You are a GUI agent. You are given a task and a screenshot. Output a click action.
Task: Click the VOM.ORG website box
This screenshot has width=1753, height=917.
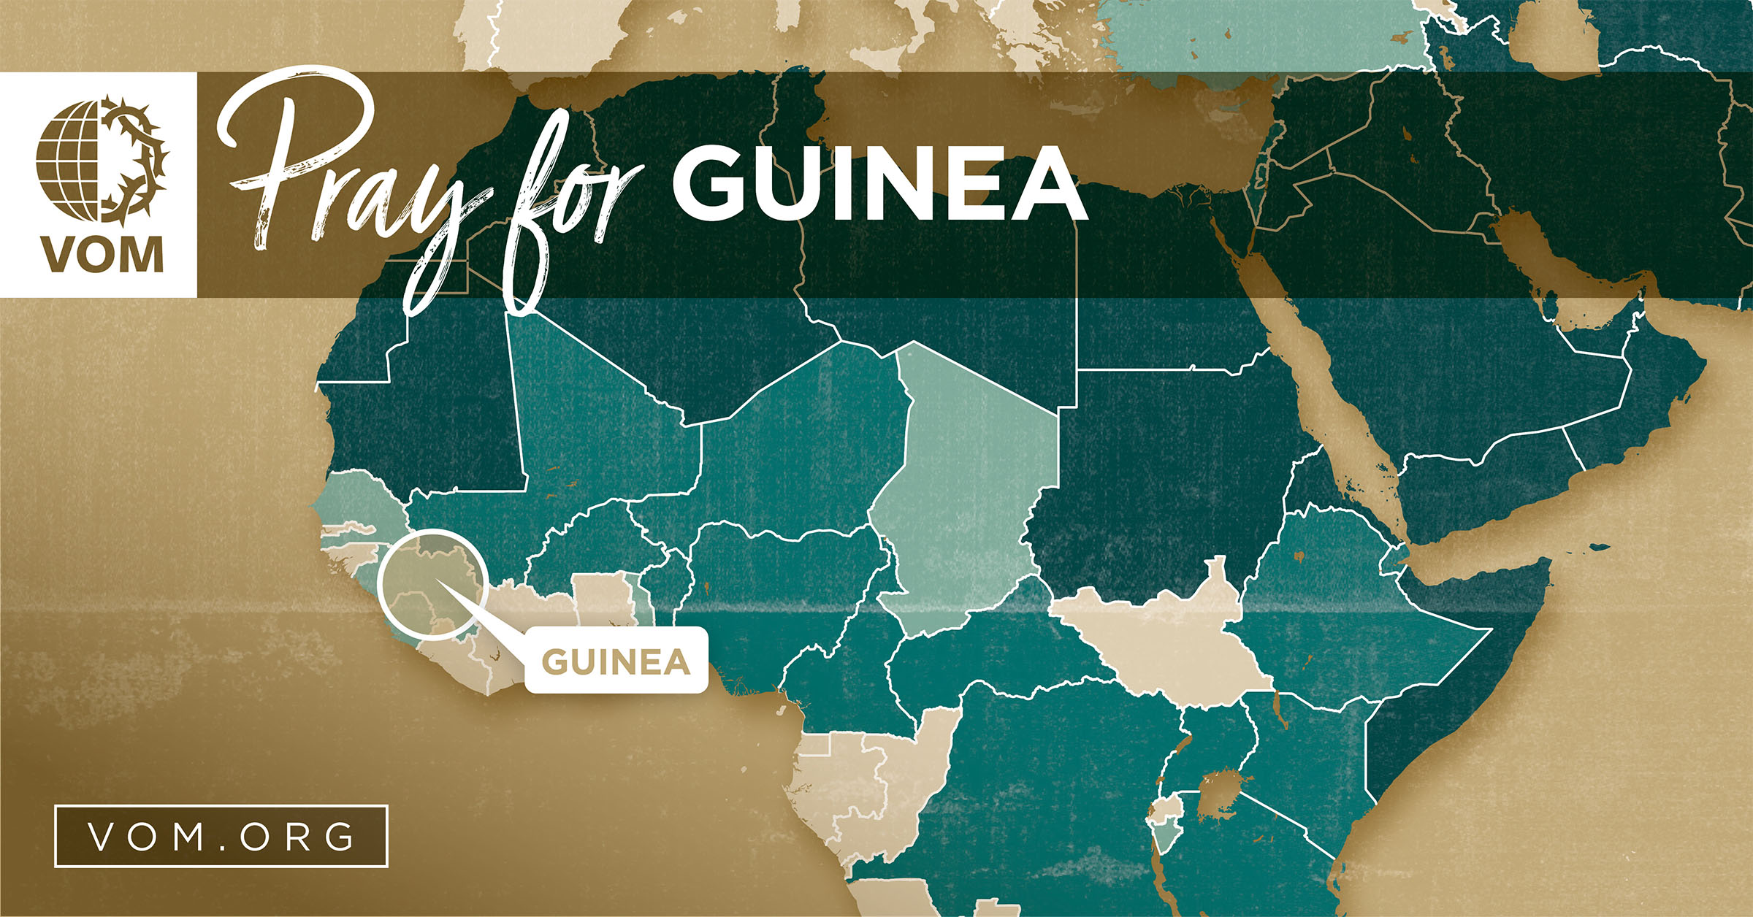click(x=221, y=836)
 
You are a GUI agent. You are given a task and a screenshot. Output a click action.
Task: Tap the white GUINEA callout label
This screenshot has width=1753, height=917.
click(x=616, y=661)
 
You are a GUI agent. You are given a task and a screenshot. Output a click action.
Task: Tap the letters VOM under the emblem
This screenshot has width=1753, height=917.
click(x=102, y=256)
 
